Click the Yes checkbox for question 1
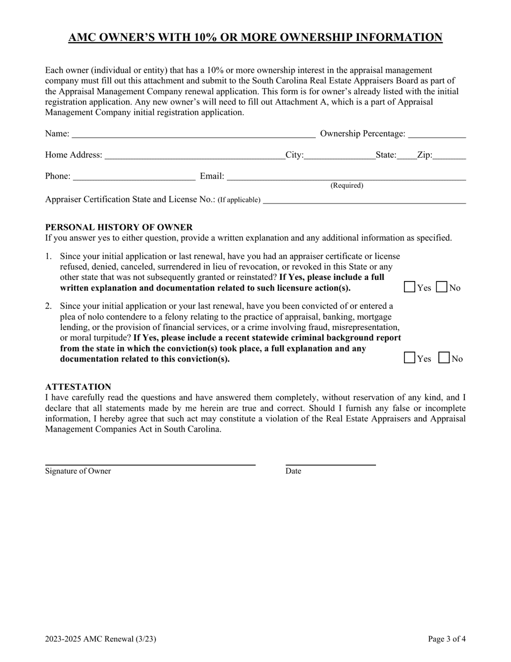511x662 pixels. [x=409, y=287]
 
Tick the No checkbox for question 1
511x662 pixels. [x=442, y=287]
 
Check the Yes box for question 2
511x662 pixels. [x=409, y=358]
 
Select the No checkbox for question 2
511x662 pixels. [x=444, y=358]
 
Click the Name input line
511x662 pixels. [x=193, y=133]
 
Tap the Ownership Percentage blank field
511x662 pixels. [x=437, y=133]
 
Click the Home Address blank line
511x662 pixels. [x=194, y=155]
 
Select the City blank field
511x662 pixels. [x=340, y=155]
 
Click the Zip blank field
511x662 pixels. [x=449, y=155]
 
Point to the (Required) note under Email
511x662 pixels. [x=346, y=186]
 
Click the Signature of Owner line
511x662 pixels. [x=150, y=463]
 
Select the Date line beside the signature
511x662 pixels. [x=330, y=463]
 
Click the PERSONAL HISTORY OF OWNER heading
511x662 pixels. [x=119, y=227]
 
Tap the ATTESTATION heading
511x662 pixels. [x=78, y=387]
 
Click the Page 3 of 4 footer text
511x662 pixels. [x=446, y=639]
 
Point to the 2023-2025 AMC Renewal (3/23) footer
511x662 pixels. [x=101, y=639]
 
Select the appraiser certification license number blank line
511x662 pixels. [x=364, y=200]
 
